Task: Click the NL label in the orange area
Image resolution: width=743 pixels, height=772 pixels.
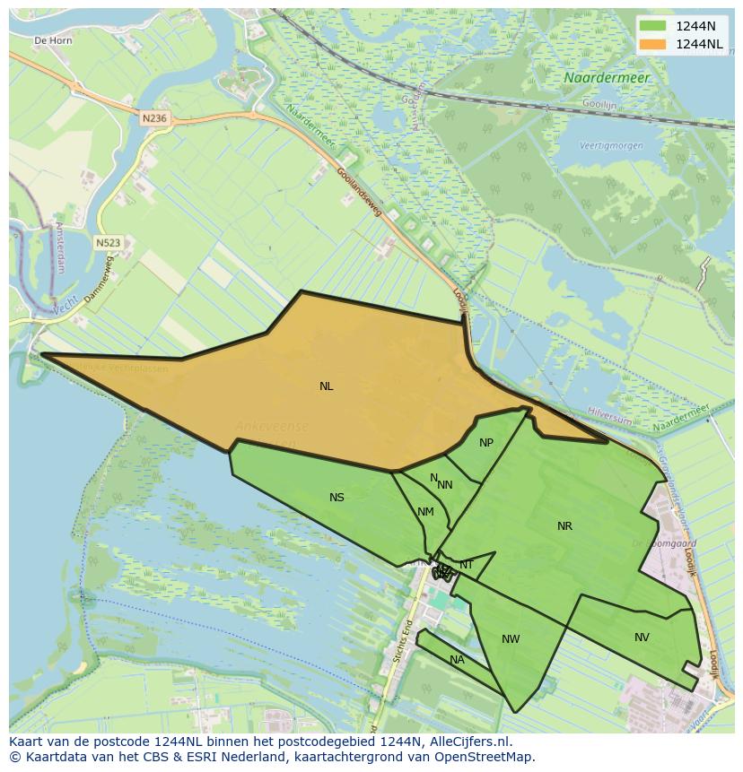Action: pos(326,386)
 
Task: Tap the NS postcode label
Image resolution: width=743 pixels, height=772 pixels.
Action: pos(337,498)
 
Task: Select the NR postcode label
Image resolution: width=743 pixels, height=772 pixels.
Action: pos(564,526)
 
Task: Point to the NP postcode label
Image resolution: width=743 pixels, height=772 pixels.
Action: pos(486,443)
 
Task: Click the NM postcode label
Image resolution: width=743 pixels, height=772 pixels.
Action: pos(425,512)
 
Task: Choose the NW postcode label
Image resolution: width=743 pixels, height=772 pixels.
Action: pos(511,639)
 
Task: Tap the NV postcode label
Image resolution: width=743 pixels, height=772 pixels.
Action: pos(642,638)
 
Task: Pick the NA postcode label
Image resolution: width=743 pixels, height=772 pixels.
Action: pos(457,660)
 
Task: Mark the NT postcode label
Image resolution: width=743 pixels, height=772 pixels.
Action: pos(467,564)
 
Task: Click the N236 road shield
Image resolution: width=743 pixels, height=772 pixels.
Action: pos(154,117)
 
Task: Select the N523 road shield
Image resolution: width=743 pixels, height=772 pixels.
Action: pos(109,242)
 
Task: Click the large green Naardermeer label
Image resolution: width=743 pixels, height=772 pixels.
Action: pos(607,78)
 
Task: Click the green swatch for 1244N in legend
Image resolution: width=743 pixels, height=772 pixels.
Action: pos(652,25)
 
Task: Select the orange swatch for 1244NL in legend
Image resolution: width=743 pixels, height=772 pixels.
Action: pos(652,44)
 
